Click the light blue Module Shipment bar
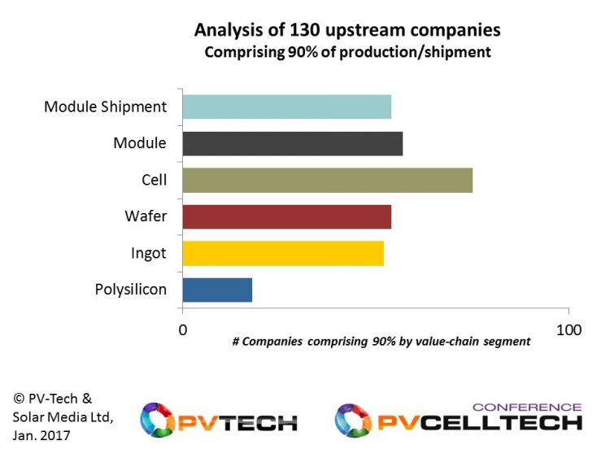tap(286, 107)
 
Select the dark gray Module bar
tap(292, 143)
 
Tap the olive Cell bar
tap(327, 180)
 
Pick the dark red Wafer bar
tap(286, 216)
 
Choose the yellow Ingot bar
tap(283, 253)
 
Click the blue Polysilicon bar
tap(217, 290)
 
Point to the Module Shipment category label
tap(105, 107)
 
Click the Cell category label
tap(154, 179)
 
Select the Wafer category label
tap(146, 216)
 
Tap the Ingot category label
tap(148, 253)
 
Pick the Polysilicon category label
tap(130, 290)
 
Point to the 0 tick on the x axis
tap(182, 329)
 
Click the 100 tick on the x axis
tap(569, 329)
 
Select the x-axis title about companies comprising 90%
tap(381, 342)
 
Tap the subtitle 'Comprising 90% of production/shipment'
tap(347, 53)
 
